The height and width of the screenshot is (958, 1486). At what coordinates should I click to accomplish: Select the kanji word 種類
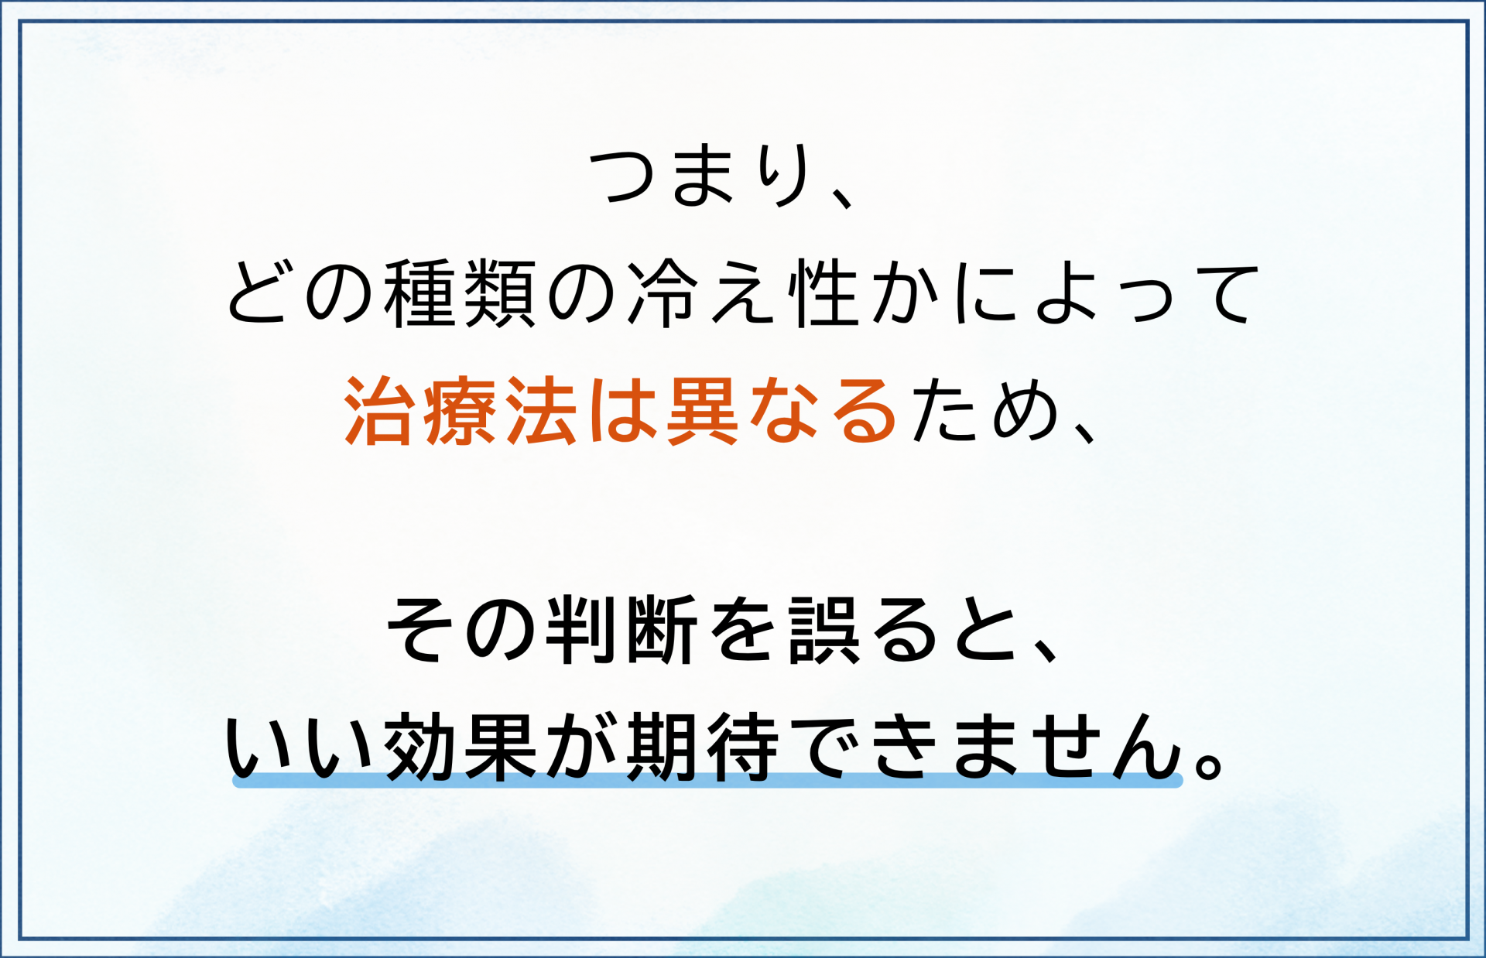pos(460,294)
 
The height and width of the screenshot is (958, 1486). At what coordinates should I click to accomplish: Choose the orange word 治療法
pos(461,411)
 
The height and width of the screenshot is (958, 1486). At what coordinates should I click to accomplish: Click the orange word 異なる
pos(781,411)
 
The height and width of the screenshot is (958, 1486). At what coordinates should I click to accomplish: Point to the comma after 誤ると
pos(1045,651)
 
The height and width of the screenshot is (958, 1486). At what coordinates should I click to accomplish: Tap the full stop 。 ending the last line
pos(1208,763)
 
